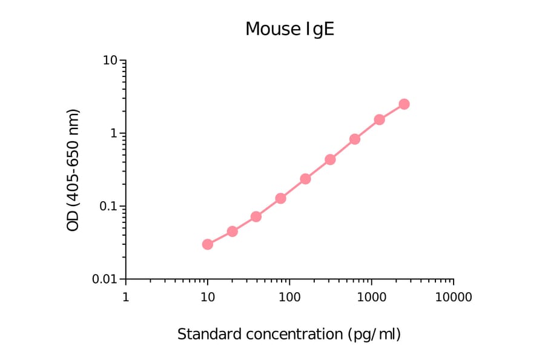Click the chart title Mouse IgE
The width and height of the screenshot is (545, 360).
[x=289, y=28]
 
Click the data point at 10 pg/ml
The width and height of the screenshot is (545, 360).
[x=208, y=244]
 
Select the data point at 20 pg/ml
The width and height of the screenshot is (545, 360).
[x=232, y=232]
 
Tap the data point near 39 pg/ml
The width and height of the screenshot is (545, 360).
[x=256, y=216]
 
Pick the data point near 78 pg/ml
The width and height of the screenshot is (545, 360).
[x=281, y=198]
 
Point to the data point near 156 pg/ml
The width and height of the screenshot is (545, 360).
[x=305, y=179]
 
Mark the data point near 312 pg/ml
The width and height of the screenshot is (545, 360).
[x=330, y=159]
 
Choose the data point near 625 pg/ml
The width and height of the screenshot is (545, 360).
[x=355, y=139]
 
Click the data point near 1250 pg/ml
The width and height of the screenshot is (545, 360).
[x=380, y=119]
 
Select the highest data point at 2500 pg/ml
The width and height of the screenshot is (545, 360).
[x=404, y=104]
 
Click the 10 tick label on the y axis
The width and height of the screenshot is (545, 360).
[x=110, y=61]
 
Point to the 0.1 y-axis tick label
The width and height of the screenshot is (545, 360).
[x=107, y=206]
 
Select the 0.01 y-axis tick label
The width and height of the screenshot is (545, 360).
[x=104, y=279]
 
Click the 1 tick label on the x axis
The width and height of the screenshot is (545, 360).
[x=125, y=297]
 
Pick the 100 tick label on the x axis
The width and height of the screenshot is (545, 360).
[x=289, y=297]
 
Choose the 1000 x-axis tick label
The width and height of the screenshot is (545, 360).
[x=371, y=297]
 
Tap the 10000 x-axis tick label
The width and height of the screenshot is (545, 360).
[x=453, y=297]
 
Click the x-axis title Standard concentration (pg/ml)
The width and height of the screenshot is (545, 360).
[x=289, y=334]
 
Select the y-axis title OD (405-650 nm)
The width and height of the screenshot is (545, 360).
[x=73, y=170]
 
